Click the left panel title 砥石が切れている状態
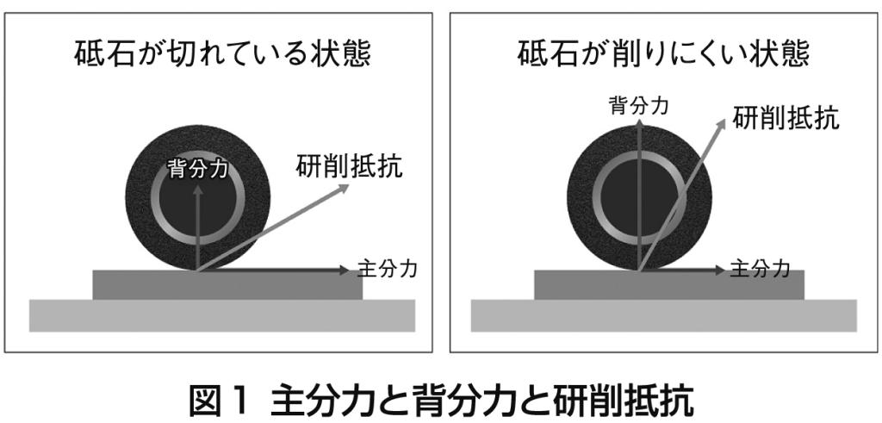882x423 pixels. click(222, 54)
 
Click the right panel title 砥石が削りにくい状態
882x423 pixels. click(663, 54)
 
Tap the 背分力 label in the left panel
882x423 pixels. click(198, 170)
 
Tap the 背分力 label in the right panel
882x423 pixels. click(639, 106)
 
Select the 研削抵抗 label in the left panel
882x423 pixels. click(350, 166)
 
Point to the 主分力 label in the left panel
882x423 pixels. click(387, 270)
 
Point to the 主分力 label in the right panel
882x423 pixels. click(760, 270)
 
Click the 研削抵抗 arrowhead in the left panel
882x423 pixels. click(344, 188)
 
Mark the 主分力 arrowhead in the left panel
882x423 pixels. click(345, 271)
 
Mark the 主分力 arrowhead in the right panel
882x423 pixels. click(718, 271)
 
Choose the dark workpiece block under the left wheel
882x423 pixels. click(227, 284)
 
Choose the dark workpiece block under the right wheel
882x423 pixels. click(668, 284)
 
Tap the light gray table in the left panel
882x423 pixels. click(222, 315)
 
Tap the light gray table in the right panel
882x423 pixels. click(664, 315)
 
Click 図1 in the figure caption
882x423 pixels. click(218, 401)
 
